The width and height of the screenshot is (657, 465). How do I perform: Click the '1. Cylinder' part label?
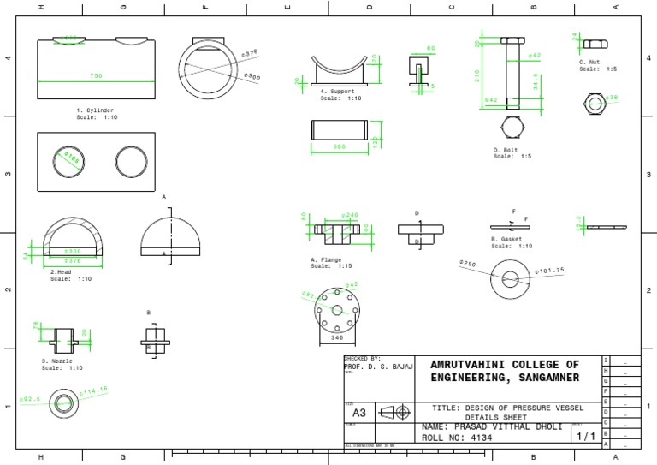click(95, 110)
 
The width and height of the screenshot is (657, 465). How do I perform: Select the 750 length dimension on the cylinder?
click(96, 76)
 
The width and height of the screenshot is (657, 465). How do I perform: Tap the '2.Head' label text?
click(61, 271)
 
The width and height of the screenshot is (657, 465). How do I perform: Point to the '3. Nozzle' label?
click(57, 361)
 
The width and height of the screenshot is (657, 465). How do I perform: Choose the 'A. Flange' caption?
click(326, 259)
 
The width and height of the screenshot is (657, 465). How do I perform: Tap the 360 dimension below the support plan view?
click(339, 147)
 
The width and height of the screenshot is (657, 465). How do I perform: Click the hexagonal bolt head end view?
click(512, 128)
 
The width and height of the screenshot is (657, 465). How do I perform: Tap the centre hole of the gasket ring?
click(512, 279)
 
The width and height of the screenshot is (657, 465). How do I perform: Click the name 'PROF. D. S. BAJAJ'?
click(377, 366)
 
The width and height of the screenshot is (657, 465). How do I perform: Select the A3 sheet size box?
click(359, 413)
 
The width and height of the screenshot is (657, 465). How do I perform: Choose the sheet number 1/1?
click(586, 436)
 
